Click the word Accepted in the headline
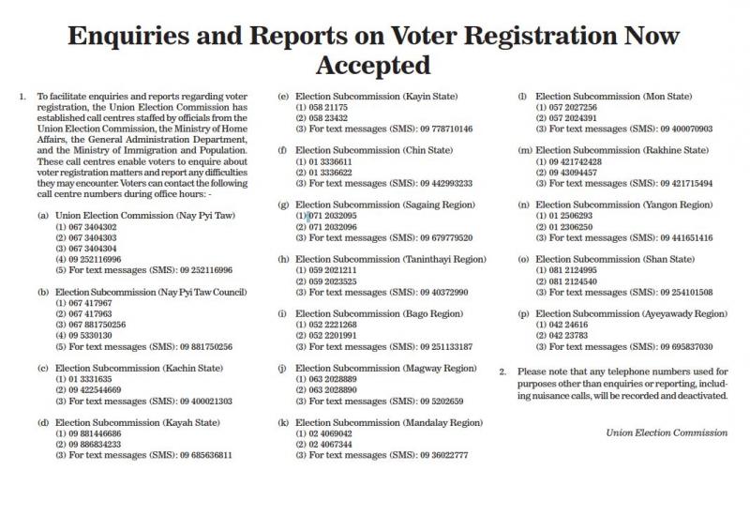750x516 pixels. tap(373, 65)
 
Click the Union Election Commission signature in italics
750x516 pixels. tap(666, 433)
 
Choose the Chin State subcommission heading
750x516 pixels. tap(362, 149)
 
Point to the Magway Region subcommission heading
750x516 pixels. tap(375, 368)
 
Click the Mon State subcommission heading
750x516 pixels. tap(613, 96)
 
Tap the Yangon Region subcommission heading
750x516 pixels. tap(623, 205)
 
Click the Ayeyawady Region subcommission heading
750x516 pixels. tap(630, 312)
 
